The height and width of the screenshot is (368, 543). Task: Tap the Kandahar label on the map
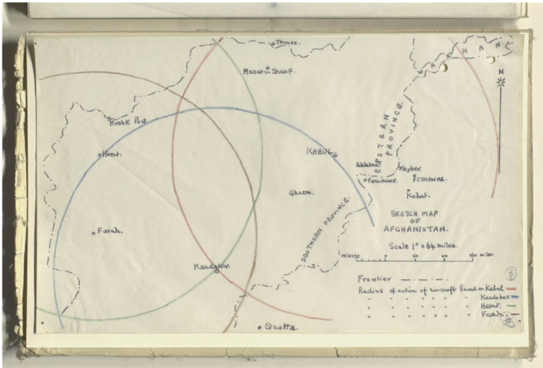pos(212,267)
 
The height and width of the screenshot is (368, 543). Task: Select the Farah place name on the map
pos(109,231)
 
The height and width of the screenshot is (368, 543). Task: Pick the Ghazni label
pos(300,192)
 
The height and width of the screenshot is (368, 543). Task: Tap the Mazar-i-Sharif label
pos(269,71)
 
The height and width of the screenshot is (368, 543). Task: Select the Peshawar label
pos(430,179)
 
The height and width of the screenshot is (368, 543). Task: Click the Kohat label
pos(417,194)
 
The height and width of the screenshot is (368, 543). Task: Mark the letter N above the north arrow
pos(500,70)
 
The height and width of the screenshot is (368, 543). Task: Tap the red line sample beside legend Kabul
pos(511,289)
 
